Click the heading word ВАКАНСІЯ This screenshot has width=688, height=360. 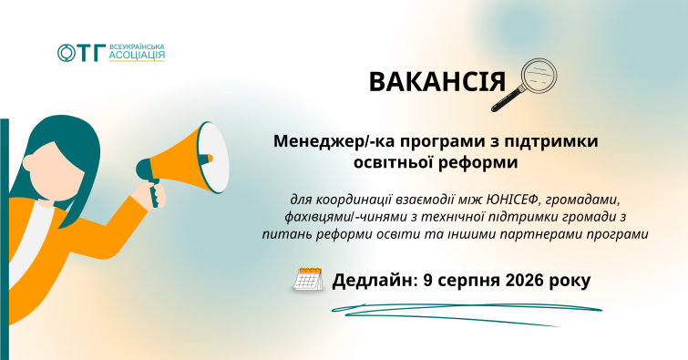(437, 82)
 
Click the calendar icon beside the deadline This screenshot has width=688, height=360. (308, 279)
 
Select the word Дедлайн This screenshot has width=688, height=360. (375, 280)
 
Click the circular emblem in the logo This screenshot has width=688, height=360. (67, 53)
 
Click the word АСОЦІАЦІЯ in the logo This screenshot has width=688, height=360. (137, 55)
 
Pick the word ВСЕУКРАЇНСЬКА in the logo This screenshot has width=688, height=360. (137, 46)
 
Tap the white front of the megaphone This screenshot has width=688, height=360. (213, 158)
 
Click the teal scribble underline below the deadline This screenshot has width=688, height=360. (467, 313)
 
